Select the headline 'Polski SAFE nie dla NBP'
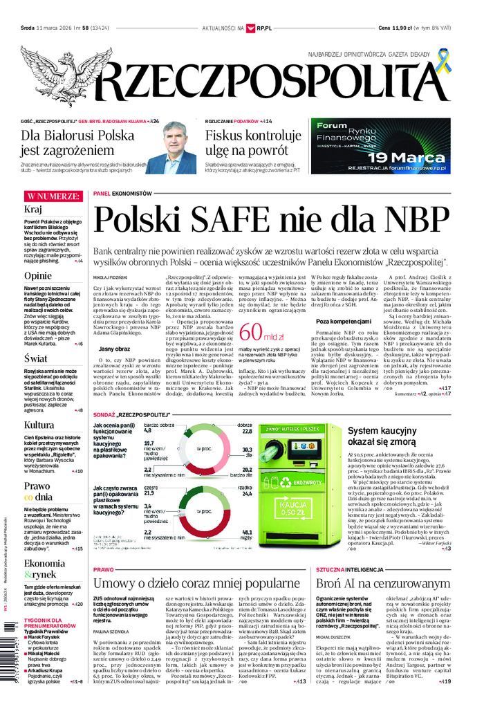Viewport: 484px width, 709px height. pos(270,221)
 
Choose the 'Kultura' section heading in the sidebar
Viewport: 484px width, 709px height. pos(39,425)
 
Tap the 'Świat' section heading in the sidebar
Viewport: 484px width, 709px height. pos(35,358)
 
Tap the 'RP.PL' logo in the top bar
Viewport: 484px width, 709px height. pos(261,28)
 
